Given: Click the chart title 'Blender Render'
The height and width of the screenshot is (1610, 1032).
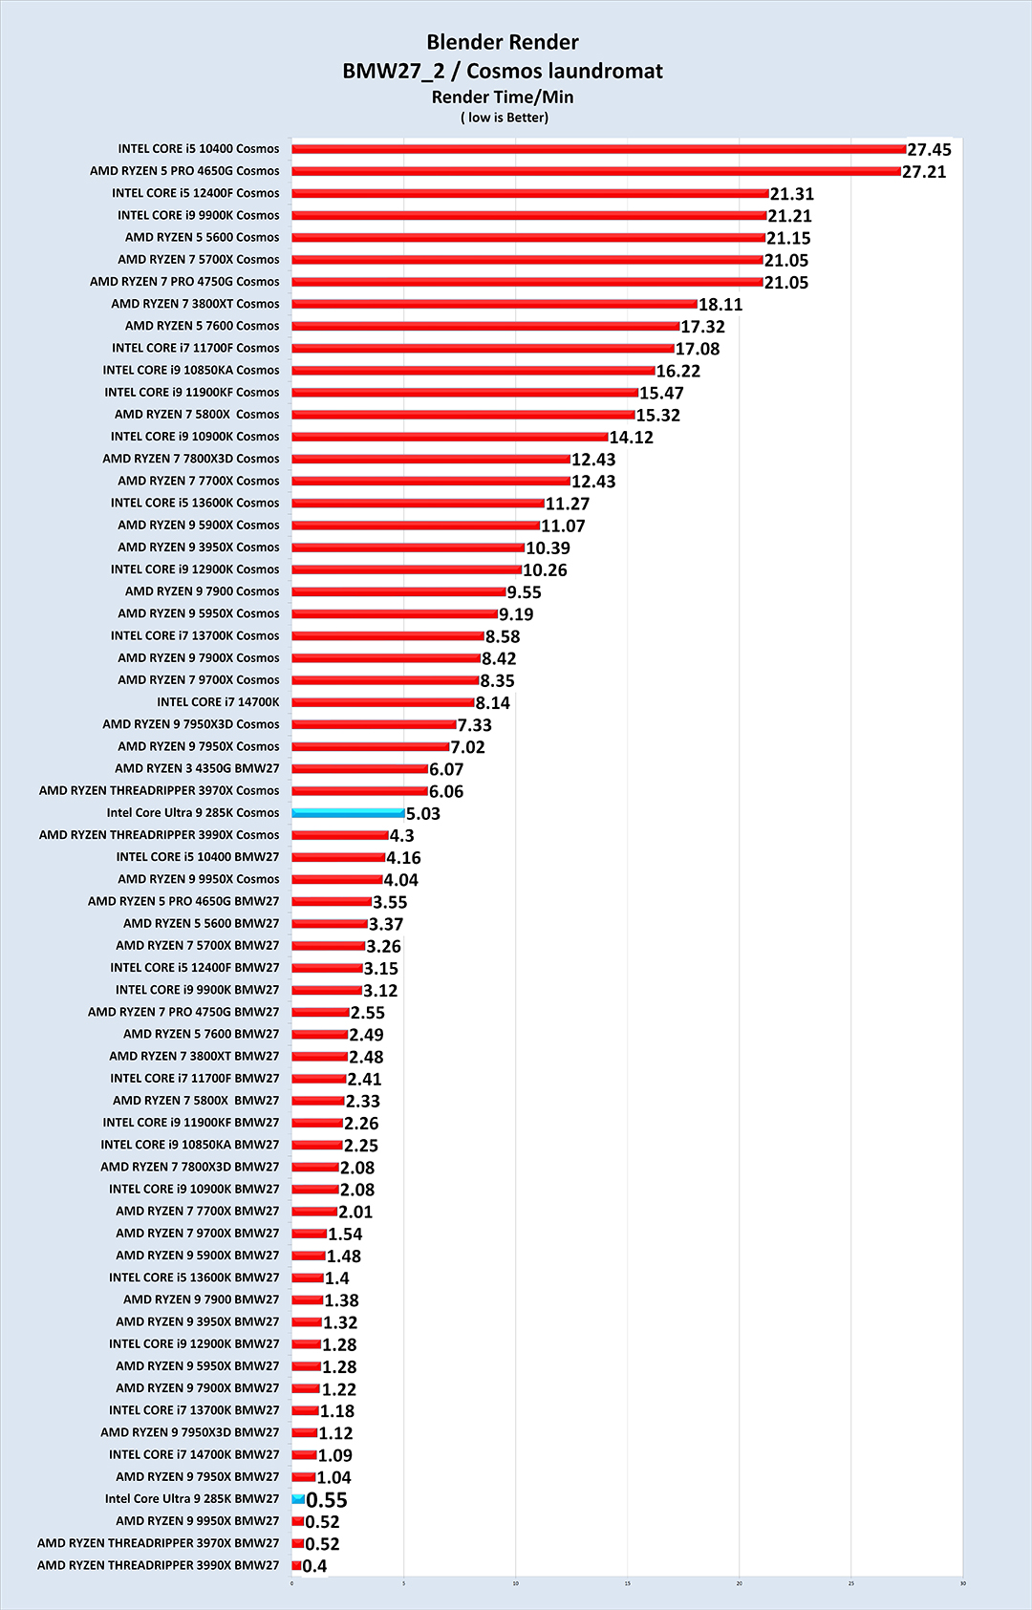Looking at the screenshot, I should click(x=503, y=42).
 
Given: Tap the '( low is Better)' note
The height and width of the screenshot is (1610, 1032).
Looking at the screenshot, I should click(x=504, y=118).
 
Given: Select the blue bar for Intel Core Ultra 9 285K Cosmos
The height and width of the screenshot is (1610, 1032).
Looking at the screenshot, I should click(x=348, y=813).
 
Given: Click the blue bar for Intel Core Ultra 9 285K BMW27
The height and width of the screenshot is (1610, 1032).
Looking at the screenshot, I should click(x=298, y=1499).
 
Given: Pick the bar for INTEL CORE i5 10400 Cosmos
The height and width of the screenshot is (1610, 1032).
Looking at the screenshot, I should click(x=598, y=149).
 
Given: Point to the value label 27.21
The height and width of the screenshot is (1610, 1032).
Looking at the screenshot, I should click(x=924, y=172).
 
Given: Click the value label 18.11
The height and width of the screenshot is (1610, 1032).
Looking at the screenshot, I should click(x=720, y=305).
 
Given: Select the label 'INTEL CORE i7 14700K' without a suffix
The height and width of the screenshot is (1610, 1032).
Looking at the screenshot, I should click(x=218, y=702).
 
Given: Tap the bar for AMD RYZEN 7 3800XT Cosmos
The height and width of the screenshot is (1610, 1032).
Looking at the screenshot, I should click(x=494, y=304).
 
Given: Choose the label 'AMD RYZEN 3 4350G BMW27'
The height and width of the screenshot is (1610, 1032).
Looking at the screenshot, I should click(x=197, y=768).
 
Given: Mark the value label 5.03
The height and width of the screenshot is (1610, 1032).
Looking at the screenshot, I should click(x=423, y=814).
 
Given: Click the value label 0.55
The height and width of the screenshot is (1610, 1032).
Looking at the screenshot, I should click(x=327, y=1500).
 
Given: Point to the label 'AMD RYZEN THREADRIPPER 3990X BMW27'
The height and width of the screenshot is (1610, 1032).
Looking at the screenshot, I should click(x=158, y=1565).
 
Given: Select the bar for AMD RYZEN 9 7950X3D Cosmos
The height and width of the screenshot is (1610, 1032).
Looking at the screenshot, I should click(x=374, y=724).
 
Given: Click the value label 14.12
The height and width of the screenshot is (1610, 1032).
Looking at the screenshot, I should click(x=632, y=438).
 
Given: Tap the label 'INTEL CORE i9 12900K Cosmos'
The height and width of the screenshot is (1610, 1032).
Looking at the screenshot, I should click(x=195, y=569).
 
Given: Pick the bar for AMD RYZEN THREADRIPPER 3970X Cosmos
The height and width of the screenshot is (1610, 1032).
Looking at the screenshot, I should click(x=359, y=791).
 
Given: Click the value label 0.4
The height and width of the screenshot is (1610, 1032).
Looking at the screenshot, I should click(x=314, y=1566).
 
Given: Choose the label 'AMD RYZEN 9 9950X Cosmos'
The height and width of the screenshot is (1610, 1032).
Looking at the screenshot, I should click(x=199, y=879).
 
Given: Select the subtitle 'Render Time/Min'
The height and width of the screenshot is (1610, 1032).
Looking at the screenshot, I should click(x=503, y=97).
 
